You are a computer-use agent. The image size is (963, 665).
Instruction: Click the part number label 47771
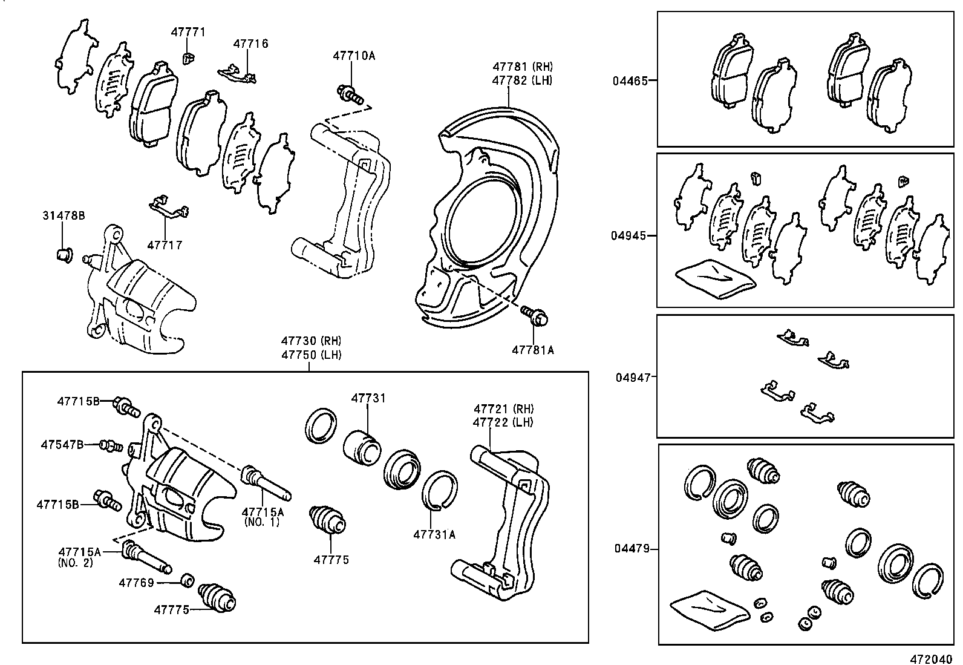188,32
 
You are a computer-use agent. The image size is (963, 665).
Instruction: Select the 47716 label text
251,44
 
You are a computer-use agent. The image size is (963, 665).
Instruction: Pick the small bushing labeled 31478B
63,255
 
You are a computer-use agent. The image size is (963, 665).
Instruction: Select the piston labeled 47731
362,447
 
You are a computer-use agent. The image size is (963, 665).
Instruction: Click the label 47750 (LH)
310,355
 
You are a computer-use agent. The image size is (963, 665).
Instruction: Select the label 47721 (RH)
504,409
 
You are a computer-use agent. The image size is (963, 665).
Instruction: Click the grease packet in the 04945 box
715,279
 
